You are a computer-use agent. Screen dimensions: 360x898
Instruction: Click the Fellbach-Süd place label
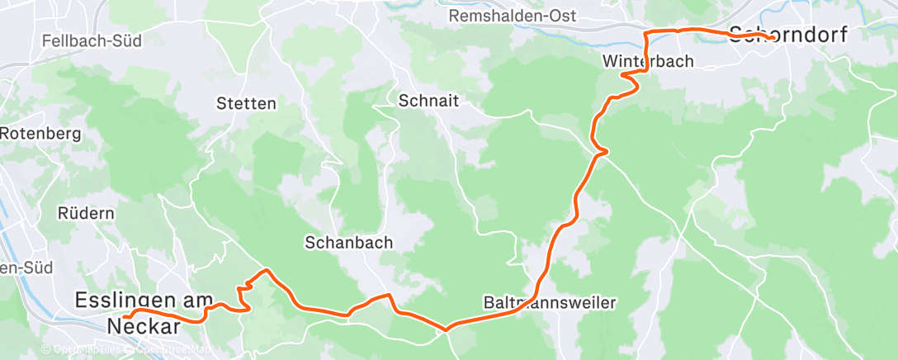(x=92, y=40)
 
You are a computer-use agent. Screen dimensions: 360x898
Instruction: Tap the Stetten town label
(x=246, y=104)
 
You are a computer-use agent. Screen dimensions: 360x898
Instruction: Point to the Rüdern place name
(x=86, y=213)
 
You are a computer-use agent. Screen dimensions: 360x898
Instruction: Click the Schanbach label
(x=348, y=243)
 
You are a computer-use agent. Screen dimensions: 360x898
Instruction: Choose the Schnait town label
(x=428, y=102)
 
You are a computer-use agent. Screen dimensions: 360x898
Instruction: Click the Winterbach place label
(x=648, y=61)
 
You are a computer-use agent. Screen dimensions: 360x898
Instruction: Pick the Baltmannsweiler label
(x=549, y=303)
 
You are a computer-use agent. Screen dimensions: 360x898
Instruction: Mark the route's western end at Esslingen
(x=125, y=316)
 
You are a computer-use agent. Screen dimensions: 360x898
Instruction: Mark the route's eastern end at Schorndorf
(x=770, y=38)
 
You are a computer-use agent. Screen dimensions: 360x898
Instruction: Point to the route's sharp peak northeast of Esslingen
(x=265, y=270)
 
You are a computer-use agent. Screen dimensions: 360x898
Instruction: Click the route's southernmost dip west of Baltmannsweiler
(x=446, y=329)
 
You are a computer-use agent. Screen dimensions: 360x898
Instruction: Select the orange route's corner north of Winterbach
(x=645, y=32)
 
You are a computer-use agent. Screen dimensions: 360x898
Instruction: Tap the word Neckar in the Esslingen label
(x=144, y=326)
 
